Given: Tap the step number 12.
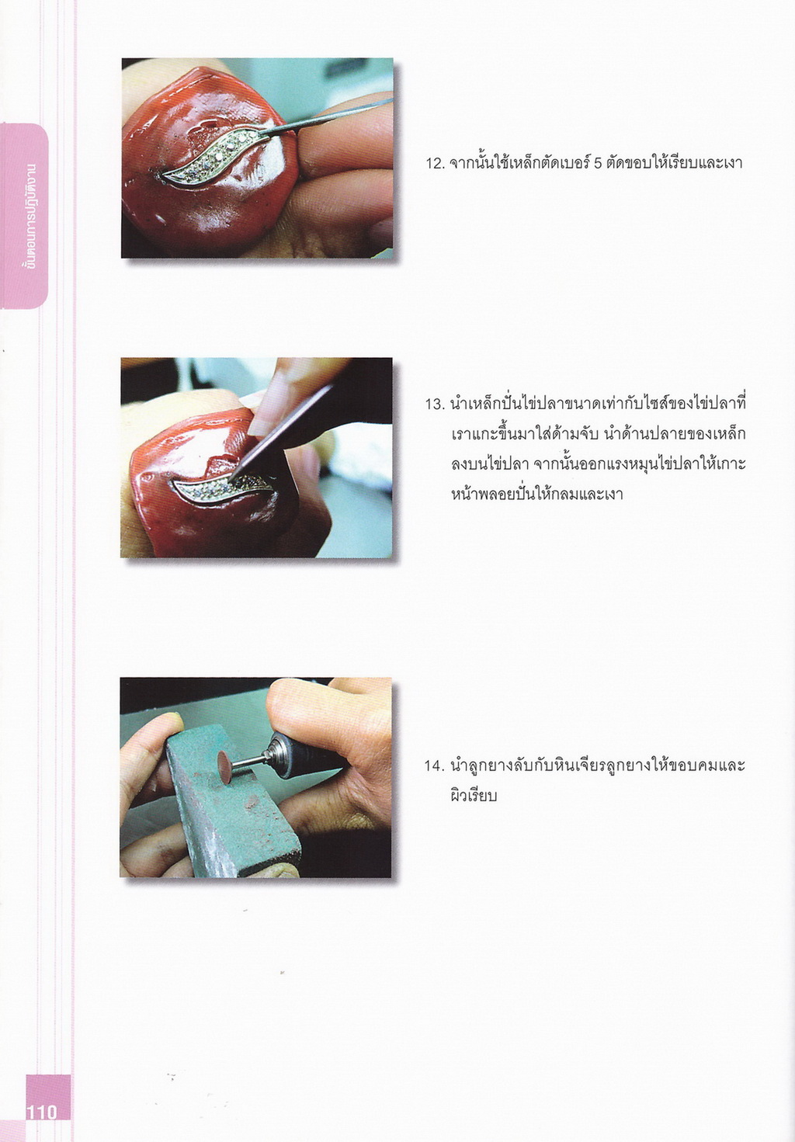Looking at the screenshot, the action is [435, 164].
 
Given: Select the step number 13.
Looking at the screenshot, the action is [435, 405].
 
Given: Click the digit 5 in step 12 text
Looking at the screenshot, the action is [599, 164].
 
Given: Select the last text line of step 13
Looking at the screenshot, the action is [537, 495].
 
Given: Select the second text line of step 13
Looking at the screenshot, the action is [599, 435].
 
